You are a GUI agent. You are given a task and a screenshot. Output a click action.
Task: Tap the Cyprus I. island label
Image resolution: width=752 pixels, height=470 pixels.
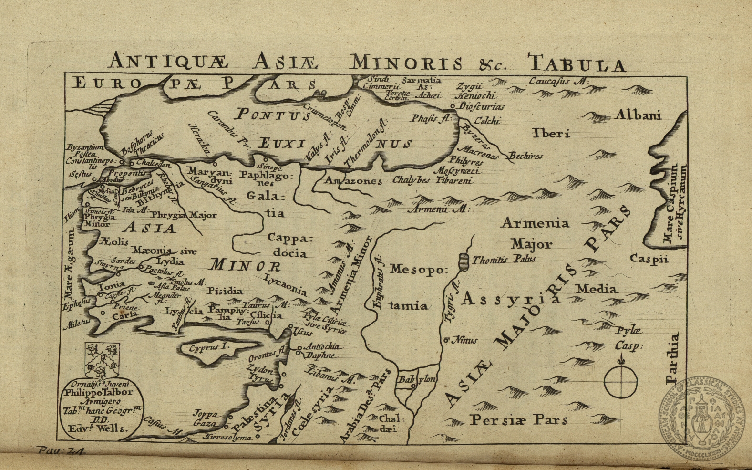pyautogui.click(x=209, y=348)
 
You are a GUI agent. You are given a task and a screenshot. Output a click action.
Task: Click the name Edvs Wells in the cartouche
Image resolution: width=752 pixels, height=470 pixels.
pyautogui.click(x=98, y=428)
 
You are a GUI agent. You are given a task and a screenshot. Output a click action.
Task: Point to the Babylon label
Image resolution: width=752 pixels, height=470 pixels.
pyautogui.click(x=416, y=379)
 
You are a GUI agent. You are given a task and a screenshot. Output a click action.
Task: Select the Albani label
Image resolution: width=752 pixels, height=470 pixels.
pyautogui.click(x=638, y=115)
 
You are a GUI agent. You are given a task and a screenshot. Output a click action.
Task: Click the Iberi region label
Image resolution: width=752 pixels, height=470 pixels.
pyautogui.click(x=551, y=133)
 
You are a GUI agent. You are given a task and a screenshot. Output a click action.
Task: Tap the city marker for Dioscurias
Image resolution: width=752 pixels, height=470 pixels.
pyautogui.click(x=453, y=106)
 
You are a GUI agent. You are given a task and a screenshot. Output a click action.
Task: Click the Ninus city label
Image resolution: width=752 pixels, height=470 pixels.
pyautogui.click(x=464, y=340)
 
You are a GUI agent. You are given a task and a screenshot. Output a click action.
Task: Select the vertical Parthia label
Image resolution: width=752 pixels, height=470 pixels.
pyautogui.click(x=672, y=359)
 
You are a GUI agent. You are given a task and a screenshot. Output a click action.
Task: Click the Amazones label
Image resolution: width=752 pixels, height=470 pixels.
pyautogui.click(x=353, y=181)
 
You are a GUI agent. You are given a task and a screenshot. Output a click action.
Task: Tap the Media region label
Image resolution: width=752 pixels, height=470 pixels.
pyautogui.click(x=596, y=289)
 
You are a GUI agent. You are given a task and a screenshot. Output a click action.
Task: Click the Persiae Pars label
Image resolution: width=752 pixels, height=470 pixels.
pyautogui.click(x=518, y=420)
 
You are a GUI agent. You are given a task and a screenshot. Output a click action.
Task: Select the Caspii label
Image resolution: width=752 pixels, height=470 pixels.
pyautogui.click(x=649, y=259)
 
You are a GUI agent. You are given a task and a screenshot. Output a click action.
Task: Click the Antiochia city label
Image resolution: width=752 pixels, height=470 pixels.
pyautogui.click(x=322, y=346)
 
